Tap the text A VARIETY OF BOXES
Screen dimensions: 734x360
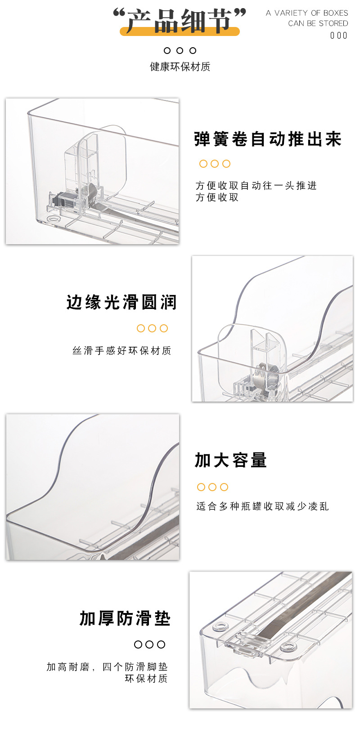(x=306, y=13)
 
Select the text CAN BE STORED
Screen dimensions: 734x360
(x=318, y=23)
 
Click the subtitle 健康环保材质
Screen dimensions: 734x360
(x=180, y=67)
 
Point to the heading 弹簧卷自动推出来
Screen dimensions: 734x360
(x=268, y=139)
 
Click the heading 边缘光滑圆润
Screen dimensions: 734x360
(x=121, y=303)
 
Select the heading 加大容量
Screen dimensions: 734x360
(x=231, y=461)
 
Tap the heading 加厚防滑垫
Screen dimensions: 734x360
(x=125, y=619)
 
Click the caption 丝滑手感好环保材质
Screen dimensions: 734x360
(x=122, y=351)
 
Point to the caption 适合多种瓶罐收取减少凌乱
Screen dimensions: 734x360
(x=262, y=506)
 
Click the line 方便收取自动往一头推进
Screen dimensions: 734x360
(x=256, y=186)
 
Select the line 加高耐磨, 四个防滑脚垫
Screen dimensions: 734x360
(x=107, y=667)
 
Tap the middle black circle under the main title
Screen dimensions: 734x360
(x=180, y=51)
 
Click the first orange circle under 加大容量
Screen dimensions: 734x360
(x=201, y=487)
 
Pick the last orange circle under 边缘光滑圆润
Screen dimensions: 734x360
(x=164, y=328)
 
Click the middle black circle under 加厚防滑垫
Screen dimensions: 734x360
(x=150, y=644)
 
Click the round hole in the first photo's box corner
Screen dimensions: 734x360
(x=54, y=219)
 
